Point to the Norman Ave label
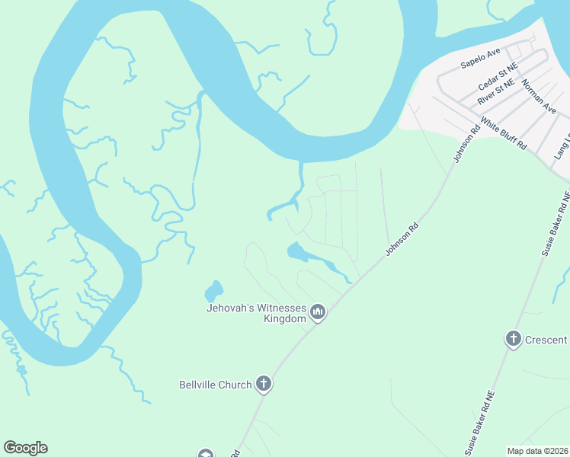[x=540, y=97]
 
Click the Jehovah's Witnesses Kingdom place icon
[x=318, y=312]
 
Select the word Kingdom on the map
[x=284, y=318]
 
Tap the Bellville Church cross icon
[x=263, y=384]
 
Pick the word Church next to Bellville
[x=235, y=385]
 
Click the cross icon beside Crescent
[x=514, y=339]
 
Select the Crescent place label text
[x=546, y=340]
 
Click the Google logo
[x=25, y=448]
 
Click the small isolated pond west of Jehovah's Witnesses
[x=213, y=291]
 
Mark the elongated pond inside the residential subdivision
[x=312, y=257]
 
